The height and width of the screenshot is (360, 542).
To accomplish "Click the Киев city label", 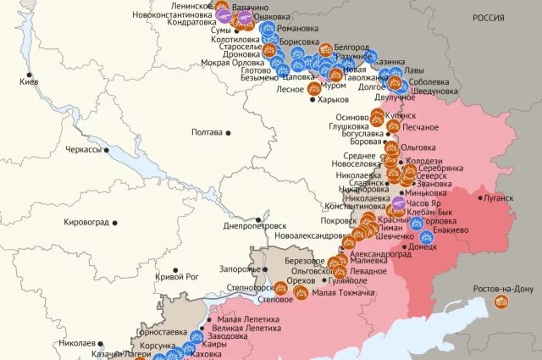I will pos(28,82).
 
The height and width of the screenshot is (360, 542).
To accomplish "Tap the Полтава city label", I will pos(207,132).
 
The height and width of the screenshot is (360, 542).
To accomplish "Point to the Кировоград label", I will pos(86,222).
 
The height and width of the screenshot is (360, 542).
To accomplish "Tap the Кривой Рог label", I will pos(177,276).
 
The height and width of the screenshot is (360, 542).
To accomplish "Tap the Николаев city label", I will pos(77,343).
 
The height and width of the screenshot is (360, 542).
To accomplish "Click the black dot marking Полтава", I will pos(229,132).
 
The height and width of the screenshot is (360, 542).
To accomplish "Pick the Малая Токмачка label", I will pos(343,293).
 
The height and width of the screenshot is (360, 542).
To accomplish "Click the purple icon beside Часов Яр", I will pos(399,204).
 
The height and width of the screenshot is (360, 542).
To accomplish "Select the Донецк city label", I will pos(423,247).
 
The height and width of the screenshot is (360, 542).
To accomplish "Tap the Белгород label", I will pos(351,47).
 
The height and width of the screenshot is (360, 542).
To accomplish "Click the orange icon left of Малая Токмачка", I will pos(301,293).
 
